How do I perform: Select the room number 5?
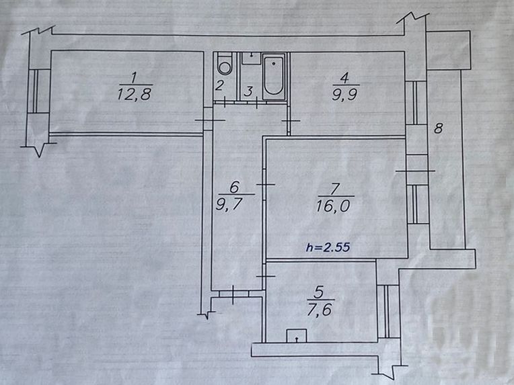pyautogui.click(x=320, y=294)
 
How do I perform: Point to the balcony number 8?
pyautogui.click(x=438, y=128)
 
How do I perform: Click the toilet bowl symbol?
pyautogui.click(x=225, y=65)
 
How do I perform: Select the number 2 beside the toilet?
pyautogui.click(x=220, y=85)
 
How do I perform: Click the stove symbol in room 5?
pyautogui.click(x=296, y=336)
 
